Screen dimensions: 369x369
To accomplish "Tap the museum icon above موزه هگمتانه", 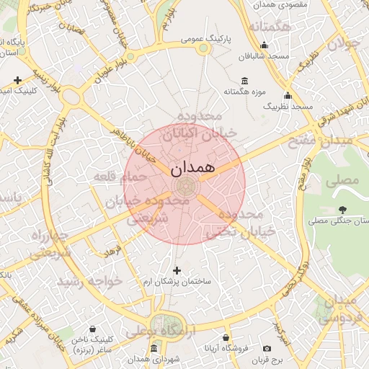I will [245, 80].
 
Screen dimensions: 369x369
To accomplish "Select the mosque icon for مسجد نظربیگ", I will [288, 96].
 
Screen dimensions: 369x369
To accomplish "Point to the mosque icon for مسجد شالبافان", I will [264, 45].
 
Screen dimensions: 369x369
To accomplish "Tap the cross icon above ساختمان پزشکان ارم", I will [177, 270].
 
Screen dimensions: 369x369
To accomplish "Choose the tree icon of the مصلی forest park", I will [342, 210].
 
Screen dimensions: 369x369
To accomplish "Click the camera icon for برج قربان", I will [267, 349].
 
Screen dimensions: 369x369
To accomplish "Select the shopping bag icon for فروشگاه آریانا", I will [226, 337].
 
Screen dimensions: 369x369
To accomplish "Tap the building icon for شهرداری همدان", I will [154, 349].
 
